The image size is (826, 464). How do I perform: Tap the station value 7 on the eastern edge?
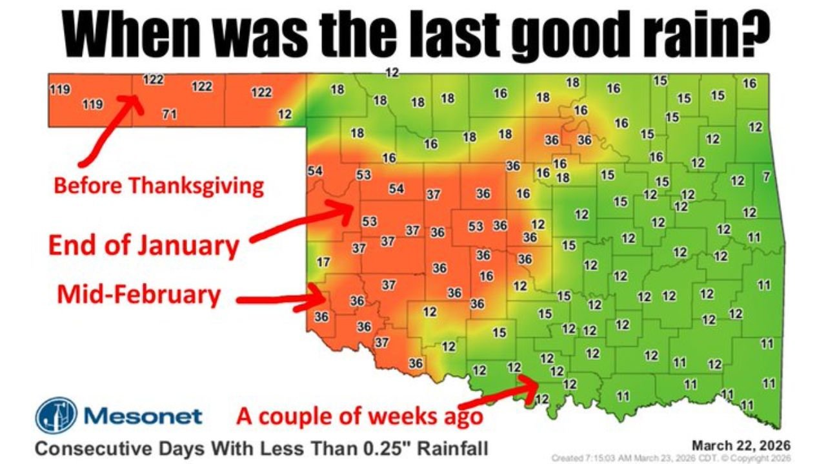coord(766,177)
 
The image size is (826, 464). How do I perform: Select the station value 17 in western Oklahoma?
coord(324,262)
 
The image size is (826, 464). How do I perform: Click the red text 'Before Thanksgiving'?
coord(159,186)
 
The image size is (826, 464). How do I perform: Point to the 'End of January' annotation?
coord(144,245)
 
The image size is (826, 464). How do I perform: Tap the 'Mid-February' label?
coord(139,295)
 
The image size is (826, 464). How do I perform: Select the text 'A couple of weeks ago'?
coord(359,416)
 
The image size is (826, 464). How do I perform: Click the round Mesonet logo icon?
coord(56,415)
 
